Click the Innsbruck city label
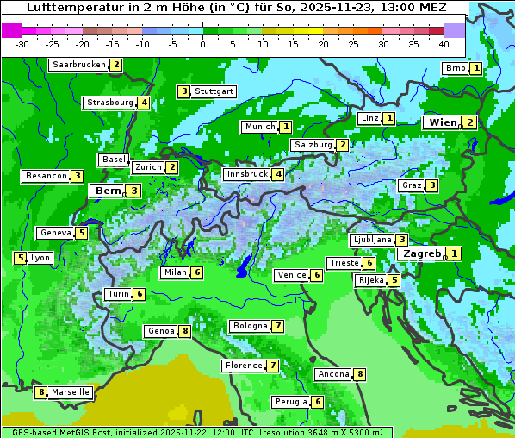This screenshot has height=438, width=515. [x=246, y=174]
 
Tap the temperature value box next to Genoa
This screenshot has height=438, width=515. [x=184, y=332]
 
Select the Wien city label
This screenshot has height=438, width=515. [x=443, y=122]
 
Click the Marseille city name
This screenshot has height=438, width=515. [x=70, y=392]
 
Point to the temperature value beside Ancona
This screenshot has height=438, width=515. [x=360, y=374]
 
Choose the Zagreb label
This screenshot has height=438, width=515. [x=422, y=253]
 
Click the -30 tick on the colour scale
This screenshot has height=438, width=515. [x=22, y=43]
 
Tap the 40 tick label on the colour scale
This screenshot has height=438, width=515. [x=444, y=43]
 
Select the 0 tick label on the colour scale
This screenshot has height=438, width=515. [x=203, y=43]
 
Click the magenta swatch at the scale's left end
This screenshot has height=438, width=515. [x=11, y=29]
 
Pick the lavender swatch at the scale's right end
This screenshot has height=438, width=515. [x=455, y=29]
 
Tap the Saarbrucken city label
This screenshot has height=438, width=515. [x=79, y=65]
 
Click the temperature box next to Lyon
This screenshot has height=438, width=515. [x=20, y=258]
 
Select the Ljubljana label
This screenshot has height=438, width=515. [x=372, y=240]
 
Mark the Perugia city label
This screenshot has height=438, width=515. [x=291, y=402]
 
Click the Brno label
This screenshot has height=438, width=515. [x=455, y=68]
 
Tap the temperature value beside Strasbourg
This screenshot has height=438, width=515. [x=144, y=103]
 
